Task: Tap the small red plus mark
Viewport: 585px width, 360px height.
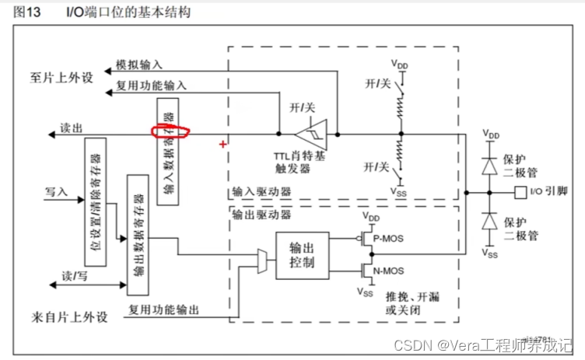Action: [x=223, y=144]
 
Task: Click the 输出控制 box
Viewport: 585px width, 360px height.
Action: [x=302, y=255]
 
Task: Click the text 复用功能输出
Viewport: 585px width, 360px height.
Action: [x=164, y=309]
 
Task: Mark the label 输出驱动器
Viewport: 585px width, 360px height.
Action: [x=261, y=214]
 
